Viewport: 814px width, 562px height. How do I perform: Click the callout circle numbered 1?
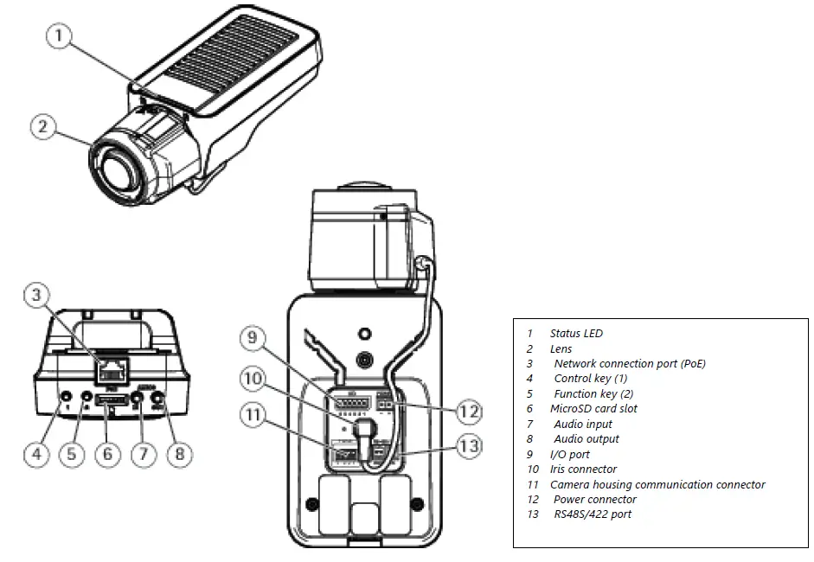57,37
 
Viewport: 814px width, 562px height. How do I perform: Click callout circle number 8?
178,455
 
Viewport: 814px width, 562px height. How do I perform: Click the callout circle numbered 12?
468,412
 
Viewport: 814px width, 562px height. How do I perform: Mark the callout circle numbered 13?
468,446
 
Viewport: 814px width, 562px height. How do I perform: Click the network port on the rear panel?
110,371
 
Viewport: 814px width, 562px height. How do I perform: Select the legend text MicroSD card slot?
593,409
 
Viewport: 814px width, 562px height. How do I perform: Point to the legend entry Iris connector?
583,469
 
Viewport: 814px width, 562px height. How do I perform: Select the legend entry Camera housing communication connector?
657,485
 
